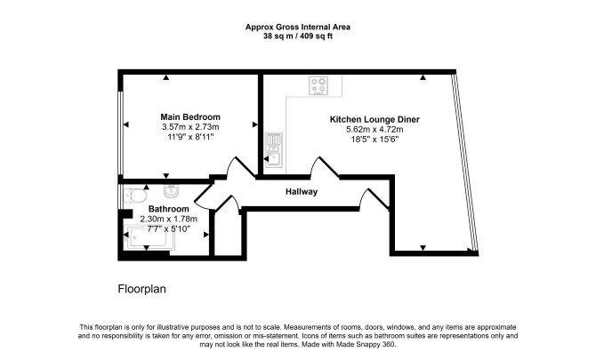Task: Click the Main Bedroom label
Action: pyautogui.click(x=190, y=117)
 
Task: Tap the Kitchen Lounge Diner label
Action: pyautogui.click(x=375, y=119)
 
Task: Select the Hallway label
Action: pyautogui.click(x=302, y=192)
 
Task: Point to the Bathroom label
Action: pyautogui.click(x=168, y=209)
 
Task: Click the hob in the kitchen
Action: pyautogui.click(x=318, y=85)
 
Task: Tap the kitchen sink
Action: pyautogui.click(x=274, y=150)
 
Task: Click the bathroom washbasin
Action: pyautogui.click(x=172, y=191)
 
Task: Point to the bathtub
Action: pyautogui.click(x=149, y=238)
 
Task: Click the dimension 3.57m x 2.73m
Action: pyautogui.click(x=190, y=127)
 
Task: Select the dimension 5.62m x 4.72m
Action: pyautogui.click(x=375, y=130)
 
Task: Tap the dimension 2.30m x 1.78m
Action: pyautogui.click(x=168, y=220)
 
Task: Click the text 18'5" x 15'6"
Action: pyautogui.click(x=375, y=140)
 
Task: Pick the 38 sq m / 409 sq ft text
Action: pyautogui.click(x=298, y=36)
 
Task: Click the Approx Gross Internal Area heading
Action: pyautogui.click(x=298, y=27)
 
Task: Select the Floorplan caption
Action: pyautogui.click(x=141, y=289)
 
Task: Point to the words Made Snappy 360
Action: pyautogui.click(x=369, y=345)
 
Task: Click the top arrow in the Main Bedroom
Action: pyautogui.click(x=165, y=77)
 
